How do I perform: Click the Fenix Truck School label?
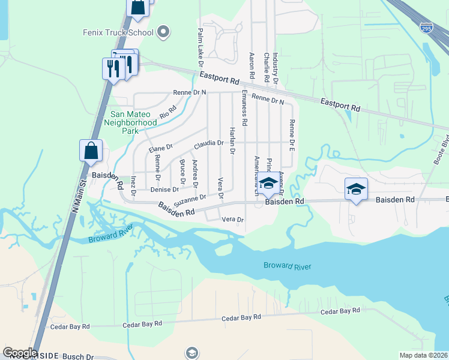pyautogui.click(x=118, y=32)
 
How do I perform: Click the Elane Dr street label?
pyautogui.click(x=160, y=148)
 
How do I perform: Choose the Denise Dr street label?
pyautogui.click(x=160, y=190)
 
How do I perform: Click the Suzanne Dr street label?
pyautogui.click(x=190, y=199)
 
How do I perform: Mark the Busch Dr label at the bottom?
pyautogui.click(x=82, y=356)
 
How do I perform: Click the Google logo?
pyautogui.click(x=20, y=353)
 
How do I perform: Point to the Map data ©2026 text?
pyautogui.click(x=423, y=355)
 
